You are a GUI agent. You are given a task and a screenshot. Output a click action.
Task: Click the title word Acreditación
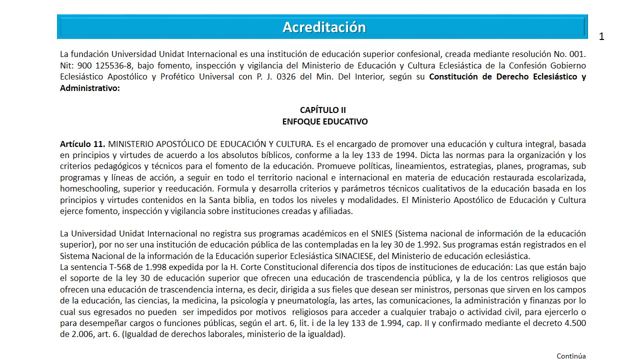[x=324, y=27]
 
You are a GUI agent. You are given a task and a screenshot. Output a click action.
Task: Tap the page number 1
[x=601, y=36]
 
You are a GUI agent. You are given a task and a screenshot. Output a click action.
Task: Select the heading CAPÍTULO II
[x=322, y=110]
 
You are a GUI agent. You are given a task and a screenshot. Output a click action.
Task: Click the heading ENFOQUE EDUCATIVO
[x=324, y=121]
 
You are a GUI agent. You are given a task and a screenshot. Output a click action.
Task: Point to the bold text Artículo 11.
[x=82, y=144]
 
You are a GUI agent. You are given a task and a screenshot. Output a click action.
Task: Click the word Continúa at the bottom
[x=571, y=356]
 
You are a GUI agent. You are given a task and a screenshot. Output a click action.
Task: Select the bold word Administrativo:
[x=90, y=88]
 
